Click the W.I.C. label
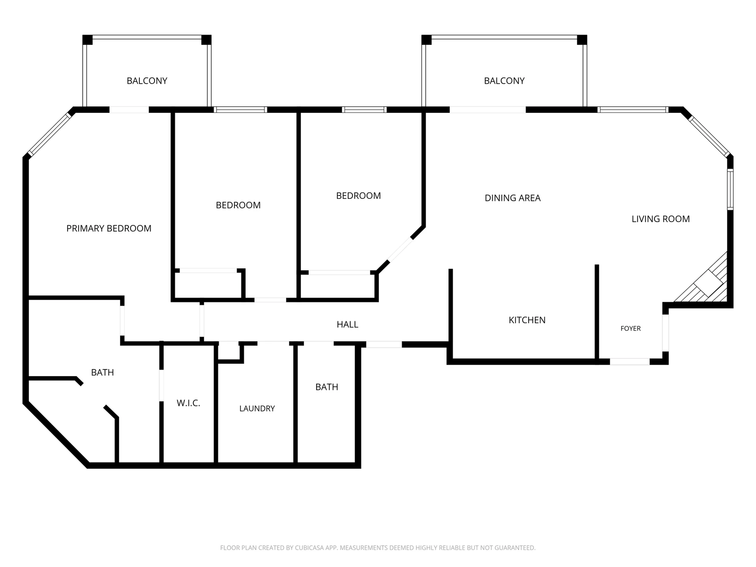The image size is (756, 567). (189, 403)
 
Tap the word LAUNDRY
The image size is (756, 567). (257, 408)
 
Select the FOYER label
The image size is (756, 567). (631, 328)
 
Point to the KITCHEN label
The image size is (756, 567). (527, 320)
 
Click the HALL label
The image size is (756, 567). (347, 324)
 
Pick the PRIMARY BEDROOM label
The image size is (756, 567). (109, 228)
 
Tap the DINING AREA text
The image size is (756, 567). (513, 198)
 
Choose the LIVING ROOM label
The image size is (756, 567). (661, 219)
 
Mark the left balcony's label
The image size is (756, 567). (147, 81)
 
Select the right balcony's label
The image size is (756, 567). (504, 81)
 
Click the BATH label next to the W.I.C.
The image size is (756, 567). (103, 372)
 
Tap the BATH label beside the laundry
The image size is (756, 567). (327, 387)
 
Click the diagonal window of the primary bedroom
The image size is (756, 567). (50, 134)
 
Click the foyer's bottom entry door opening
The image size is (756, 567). (629, 361)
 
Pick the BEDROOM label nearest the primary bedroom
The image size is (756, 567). (238, 205)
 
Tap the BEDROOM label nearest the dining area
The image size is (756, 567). (359, 196)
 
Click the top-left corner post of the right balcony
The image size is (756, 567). (426, 40)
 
